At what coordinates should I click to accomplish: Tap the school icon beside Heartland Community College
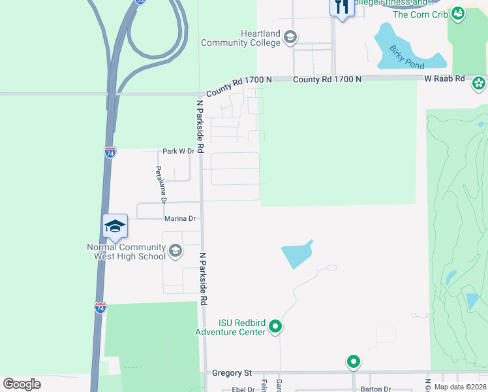[x=290, y=38]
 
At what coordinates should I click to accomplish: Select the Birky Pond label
[x=406, y=57]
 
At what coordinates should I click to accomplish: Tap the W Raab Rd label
[x=444, y=78]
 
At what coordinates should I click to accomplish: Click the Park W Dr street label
[x=178, y=151]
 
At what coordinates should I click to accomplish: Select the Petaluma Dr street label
[x=160, y=185]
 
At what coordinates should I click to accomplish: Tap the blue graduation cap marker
[x=115, y=226]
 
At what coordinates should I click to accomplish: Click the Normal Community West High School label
[x=127, y=252]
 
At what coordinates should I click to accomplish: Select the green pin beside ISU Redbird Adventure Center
[x=275, y=325]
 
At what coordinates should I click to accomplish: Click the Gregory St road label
[x=232, y=373]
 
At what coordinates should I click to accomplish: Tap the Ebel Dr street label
[x=243, y=389]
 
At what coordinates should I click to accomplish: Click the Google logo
[x=22, y=384]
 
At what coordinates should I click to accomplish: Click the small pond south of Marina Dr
[x=296, y=253]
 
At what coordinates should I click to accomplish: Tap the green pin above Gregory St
[x=353, y=361]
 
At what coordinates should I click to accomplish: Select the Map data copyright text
[x=461, y=387]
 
